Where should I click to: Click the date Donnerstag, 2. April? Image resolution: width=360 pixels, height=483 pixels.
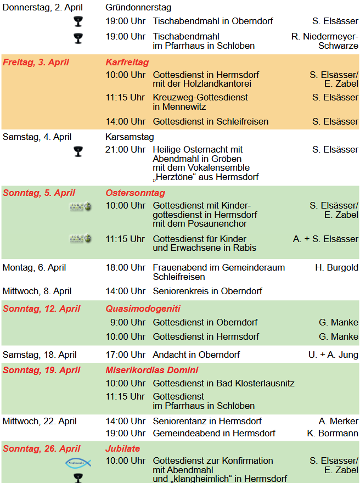tap(39, 8)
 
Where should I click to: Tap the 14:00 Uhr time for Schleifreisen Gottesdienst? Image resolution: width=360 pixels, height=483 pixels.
tap(126, 121)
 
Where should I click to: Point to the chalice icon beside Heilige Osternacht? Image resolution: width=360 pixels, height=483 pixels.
tap(78, 151)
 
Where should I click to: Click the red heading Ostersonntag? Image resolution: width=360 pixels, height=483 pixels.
tap(135, 193)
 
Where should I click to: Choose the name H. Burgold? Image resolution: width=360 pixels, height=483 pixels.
tap(336, 267)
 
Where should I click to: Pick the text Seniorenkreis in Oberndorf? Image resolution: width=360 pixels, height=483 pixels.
tap(207, 291)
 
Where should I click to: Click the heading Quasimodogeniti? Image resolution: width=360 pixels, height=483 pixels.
tap(143, 308)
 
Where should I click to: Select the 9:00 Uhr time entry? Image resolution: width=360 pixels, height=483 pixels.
tap(128, 322)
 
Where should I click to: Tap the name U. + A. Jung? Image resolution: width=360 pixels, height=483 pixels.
tap(333, 355)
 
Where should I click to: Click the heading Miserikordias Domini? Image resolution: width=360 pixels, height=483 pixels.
tap(152, 370)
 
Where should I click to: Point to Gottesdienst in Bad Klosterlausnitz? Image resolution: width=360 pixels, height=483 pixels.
tap(223, 383)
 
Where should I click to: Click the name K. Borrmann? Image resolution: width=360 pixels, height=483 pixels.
tap(333, 433)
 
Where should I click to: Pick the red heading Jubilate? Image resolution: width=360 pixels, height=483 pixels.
tap(122, 448)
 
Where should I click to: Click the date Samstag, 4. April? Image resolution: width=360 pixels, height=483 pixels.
tap(37, 137)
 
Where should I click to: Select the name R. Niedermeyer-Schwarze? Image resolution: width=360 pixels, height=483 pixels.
tap(325, 41)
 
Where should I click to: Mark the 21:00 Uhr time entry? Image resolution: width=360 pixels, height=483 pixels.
tap(126, 149)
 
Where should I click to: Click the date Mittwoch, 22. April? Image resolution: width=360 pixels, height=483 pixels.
tap(40, 421)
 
